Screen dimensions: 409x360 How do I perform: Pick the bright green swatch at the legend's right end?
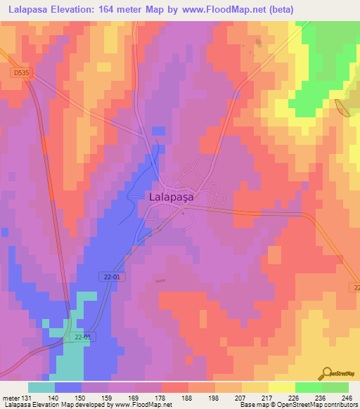pos(335,387)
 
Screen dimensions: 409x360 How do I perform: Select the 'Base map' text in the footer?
pos(252,405)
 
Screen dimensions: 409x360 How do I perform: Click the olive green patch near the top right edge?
pos(344,108)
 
